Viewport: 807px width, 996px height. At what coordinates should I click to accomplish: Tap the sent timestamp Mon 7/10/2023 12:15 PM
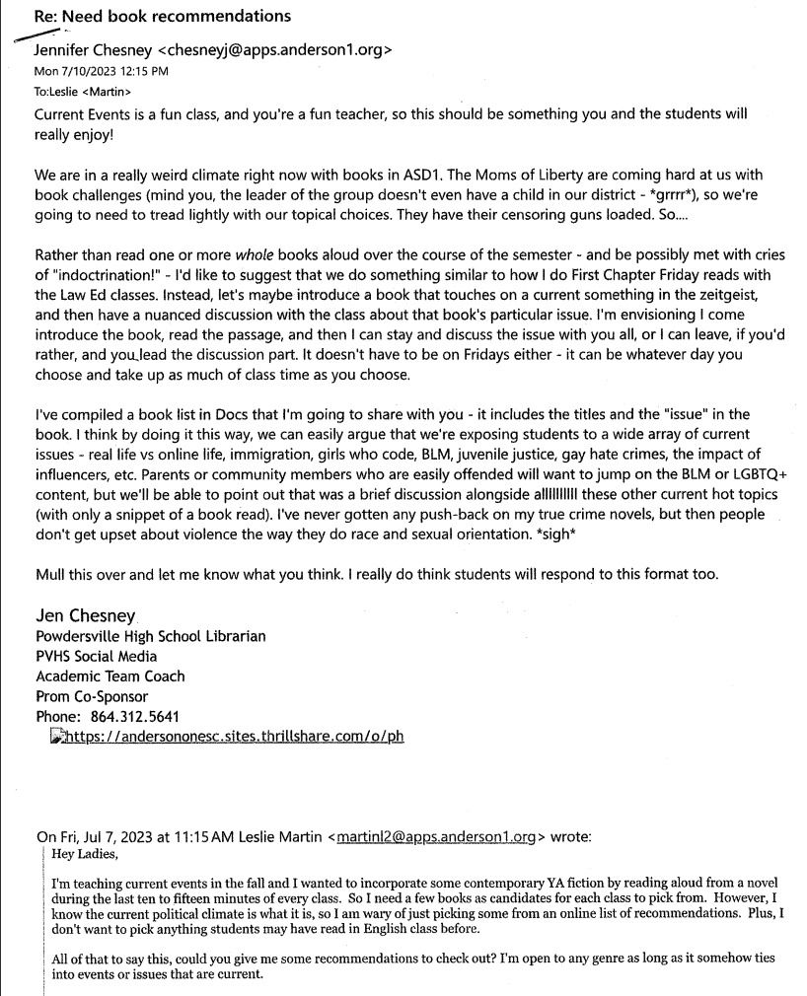(x=101, y=71)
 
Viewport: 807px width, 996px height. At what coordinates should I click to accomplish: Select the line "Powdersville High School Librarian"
(x=150, y=637)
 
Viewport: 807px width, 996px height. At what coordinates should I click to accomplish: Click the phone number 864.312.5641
(x=134, y=716)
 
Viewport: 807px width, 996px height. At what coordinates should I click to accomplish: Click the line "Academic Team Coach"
(x=110, y=676)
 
